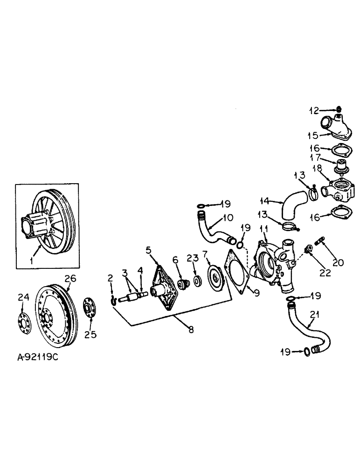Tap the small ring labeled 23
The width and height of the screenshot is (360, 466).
(x=197, y=281)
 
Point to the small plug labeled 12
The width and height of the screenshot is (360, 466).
(x=339, y=110)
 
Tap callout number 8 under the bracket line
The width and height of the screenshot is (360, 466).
(x=191, y=329)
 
